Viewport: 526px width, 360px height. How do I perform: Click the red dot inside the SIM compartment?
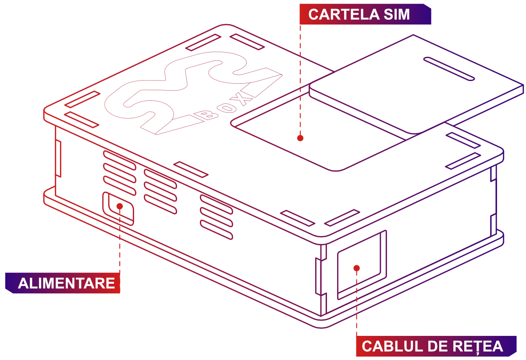[x=300, y=138]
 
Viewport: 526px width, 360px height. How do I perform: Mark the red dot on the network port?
[x=356, y=268]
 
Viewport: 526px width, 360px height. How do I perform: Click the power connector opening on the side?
[x=118, y=208]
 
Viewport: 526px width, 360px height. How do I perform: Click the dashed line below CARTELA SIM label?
[x=301, y=79]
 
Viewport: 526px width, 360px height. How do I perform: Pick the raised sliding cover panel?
[x=416, y=88]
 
